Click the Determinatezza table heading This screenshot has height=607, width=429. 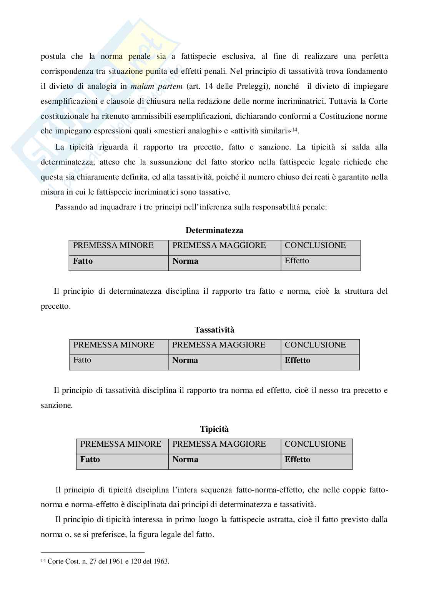(x=214, y=230)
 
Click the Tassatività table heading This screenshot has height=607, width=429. (x=214, y=330)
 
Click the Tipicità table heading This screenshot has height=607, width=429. (x=214, y=429)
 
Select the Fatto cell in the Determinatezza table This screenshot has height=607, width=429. (x=83, y=261)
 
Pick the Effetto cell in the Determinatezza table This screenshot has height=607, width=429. (x=297, y=261)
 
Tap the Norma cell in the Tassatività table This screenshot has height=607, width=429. (x=185, y=360)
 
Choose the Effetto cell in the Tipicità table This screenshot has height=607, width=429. (x=297, y=459)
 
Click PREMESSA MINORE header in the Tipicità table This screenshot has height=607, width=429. (x=121, y=444)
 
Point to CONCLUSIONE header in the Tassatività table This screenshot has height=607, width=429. (x=315, y=345)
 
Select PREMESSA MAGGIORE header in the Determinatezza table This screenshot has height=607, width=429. (x=219, y=245)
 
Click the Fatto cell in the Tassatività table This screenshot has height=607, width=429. (x=82, y=360)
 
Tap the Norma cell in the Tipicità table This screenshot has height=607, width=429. (x=185, y=459)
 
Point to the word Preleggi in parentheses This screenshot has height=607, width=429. (x=248, y=86)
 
